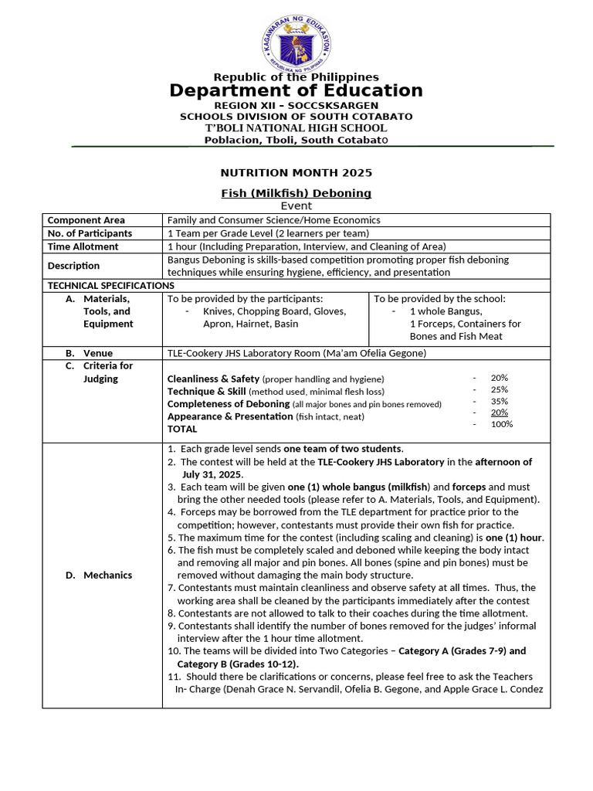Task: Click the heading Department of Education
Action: tap(296, 90)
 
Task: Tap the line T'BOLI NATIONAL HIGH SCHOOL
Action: tap(296, 127)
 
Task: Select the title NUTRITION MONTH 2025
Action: tap(296, 172)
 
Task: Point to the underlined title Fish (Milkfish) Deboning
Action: tap(296, 193)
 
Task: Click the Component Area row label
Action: tap(86, 220)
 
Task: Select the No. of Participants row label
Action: tap(90, 233)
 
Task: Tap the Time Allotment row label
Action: tap(83, 246)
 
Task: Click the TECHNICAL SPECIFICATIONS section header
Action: tap(111, 285)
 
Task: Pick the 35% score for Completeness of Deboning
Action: tap(500, 401)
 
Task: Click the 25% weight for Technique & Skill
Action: tap(500, 389)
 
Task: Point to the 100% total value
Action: tap(502, 424)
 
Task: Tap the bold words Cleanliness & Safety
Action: tap(213, 379)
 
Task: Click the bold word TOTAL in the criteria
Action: tap(182, 429)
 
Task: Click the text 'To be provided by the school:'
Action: tap(440, 298)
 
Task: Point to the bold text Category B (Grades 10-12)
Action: tap(239, 664)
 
